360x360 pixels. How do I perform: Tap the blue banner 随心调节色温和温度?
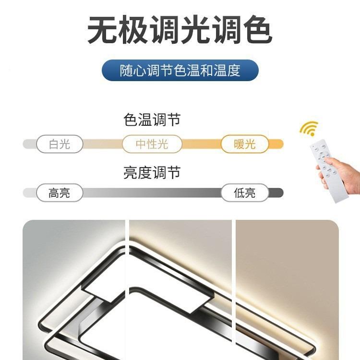(180, 71)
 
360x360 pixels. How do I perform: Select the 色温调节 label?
(152, 120)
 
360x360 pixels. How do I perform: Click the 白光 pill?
(60, 144)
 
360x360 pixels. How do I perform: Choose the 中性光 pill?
(152, 144)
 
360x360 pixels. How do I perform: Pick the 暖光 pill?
(245, 144)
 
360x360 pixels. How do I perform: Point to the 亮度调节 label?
(152, 173)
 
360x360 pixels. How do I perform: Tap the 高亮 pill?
(60, 193)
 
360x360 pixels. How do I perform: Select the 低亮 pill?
(245, 193)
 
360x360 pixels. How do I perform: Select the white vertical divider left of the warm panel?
(233, 288)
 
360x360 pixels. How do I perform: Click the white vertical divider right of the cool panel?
(127, 288)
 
